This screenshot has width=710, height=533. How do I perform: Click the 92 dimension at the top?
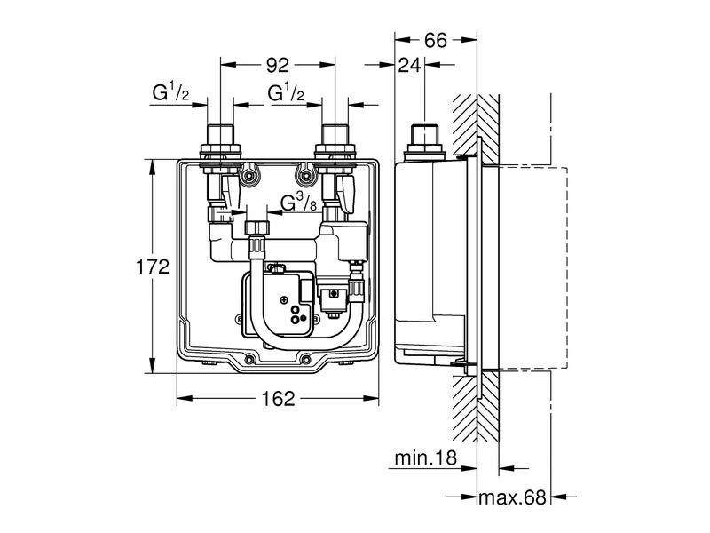277,64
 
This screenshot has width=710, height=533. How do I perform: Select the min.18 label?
427,458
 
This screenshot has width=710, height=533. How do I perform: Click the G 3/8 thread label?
299,203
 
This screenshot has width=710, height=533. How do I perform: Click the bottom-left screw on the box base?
249,360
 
